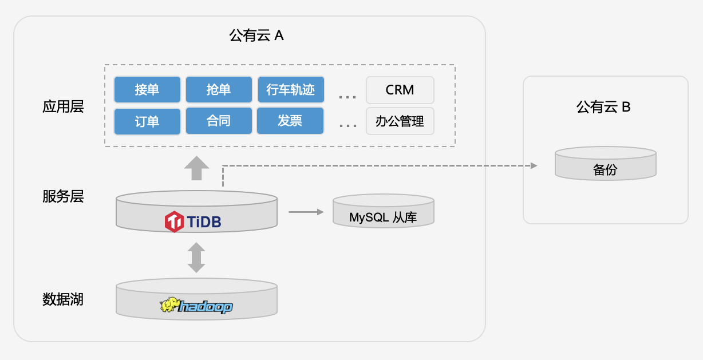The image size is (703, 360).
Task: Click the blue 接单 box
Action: tap(147, 89)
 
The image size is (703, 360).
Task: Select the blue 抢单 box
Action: tap(219, 89)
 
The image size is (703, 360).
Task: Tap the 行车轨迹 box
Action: tap(291, 89)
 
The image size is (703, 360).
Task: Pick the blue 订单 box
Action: tap(147, 121)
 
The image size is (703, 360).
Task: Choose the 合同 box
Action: tap(219, 121)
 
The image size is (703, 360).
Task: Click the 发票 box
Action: tap(290, 121)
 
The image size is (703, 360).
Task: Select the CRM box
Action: tap(400, 90)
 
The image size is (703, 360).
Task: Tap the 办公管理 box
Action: tap(400, 121)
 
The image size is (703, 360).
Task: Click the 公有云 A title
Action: tap(256, 35)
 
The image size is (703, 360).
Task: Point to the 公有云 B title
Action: tap(603, 107)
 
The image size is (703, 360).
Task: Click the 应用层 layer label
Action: tap(63, 106)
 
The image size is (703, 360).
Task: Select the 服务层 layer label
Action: tap(63, 196)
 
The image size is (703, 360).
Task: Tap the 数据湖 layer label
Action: tap(63, 299)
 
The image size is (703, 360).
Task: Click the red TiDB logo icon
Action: tap(174, 221)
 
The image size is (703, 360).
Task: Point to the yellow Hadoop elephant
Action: tap(169, 304)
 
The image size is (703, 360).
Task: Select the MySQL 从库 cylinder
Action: tap(384, 211)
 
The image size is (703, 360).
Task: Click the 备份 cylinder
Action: tap(606, 164)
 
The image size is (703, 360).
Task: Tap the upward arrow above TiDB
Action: tap(196, 168)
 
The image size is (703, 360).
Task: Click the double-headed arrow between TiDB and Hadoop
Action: tap(196, 258)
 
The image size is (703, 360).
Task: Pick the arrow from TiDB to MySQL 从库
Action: tap(306, 212)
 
